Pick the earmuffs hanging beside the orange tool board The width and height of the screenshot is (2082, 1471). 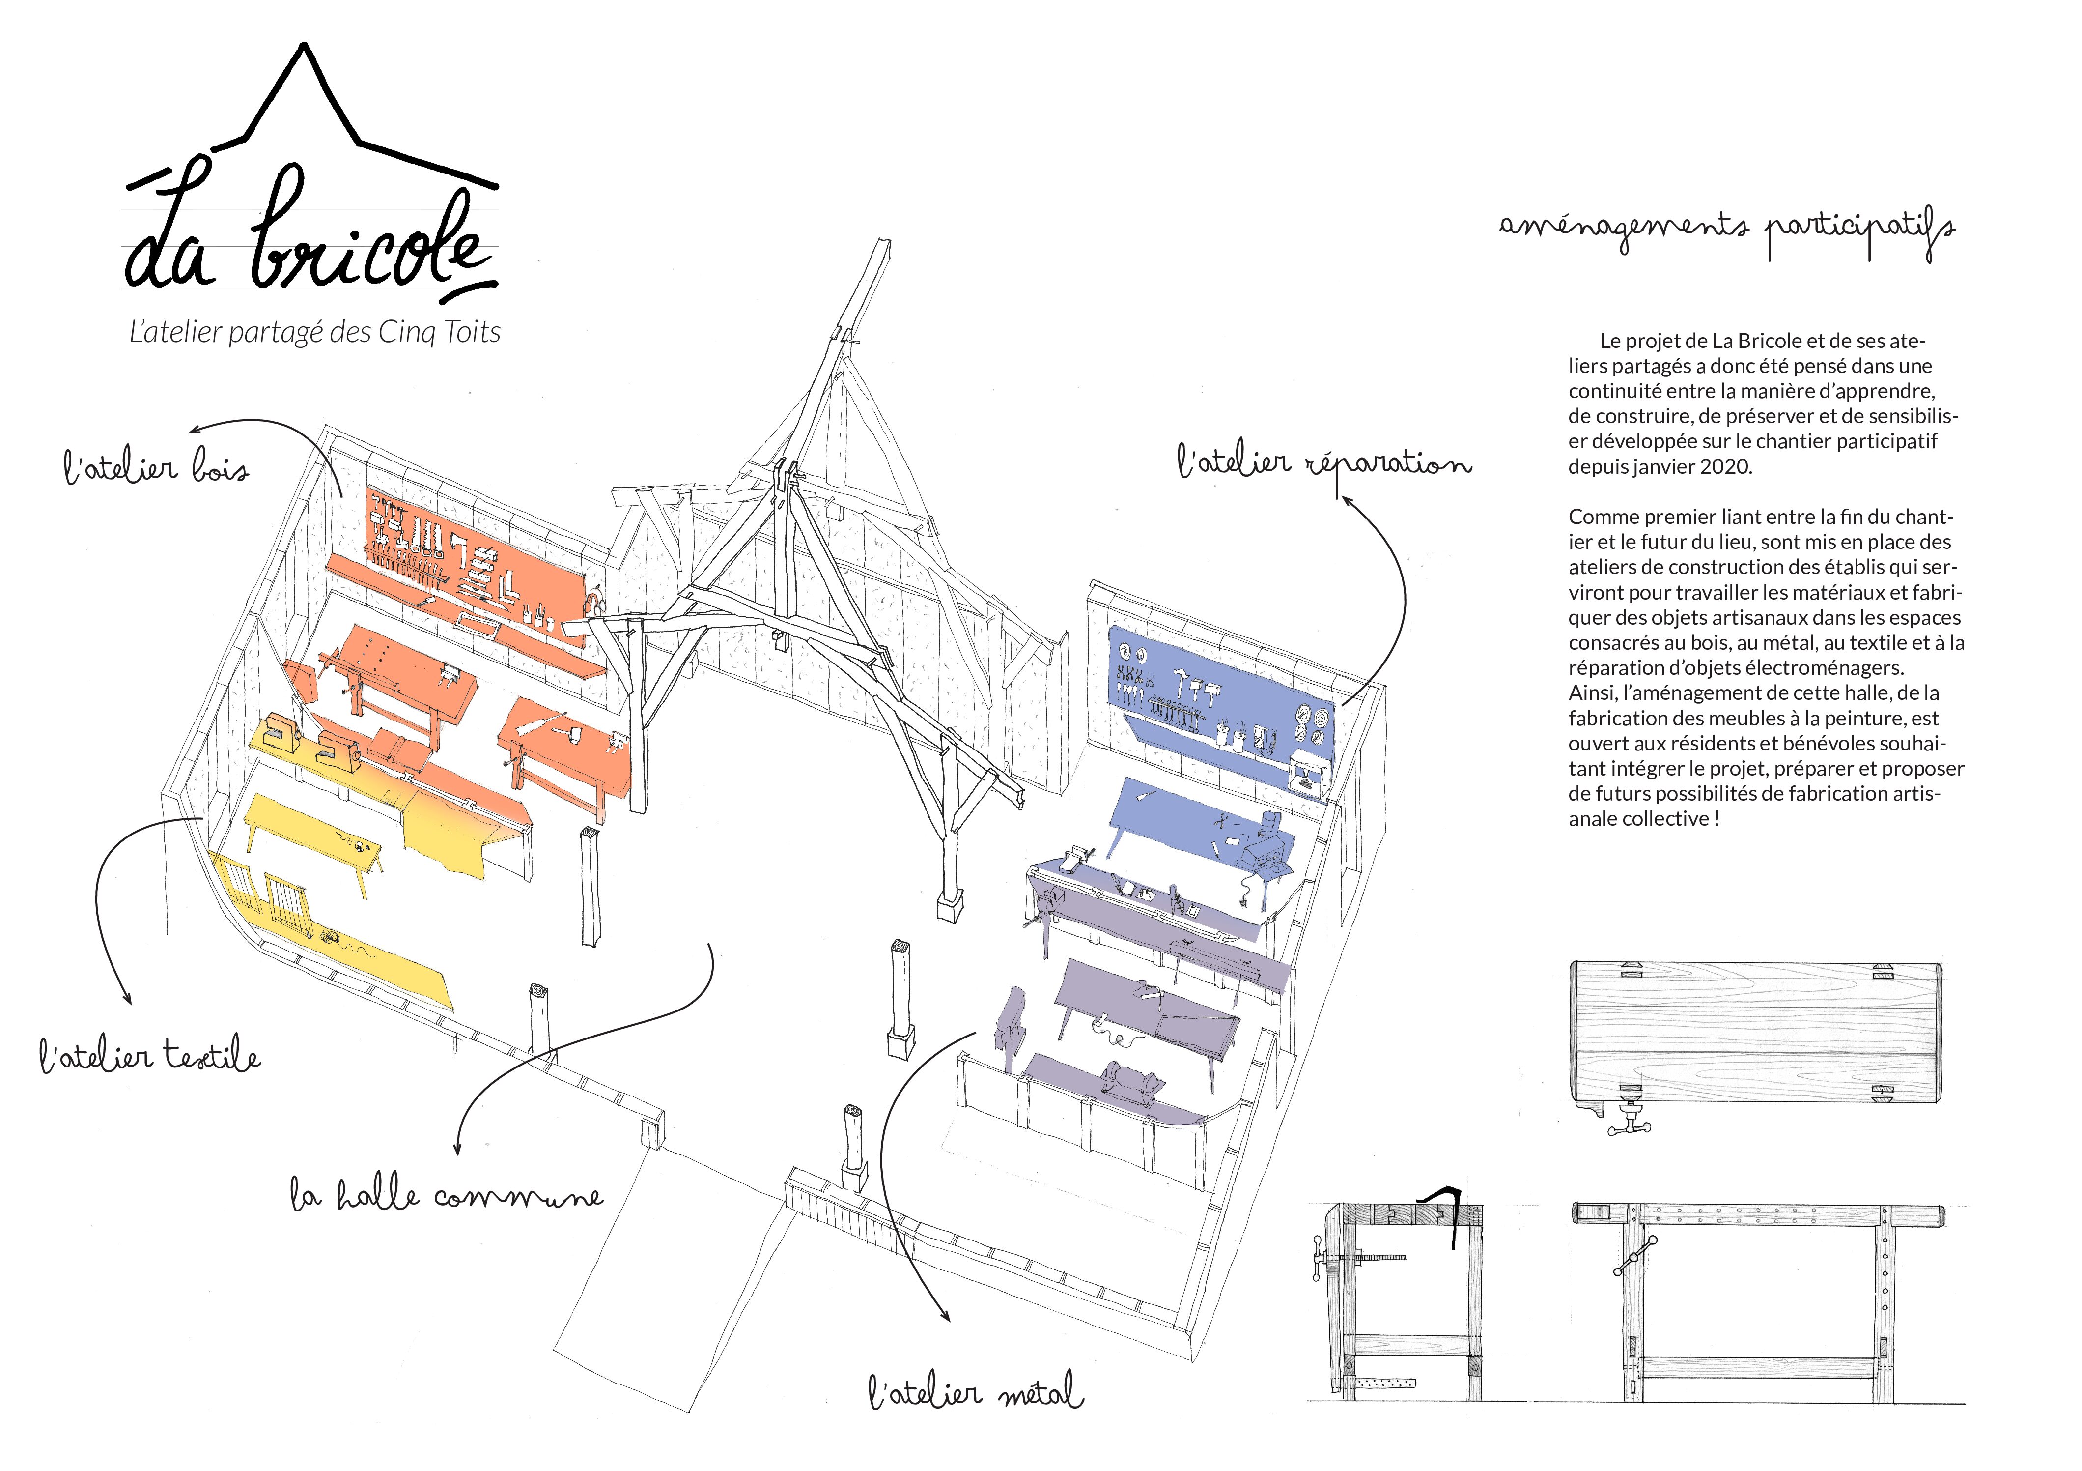click(595, 601)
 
